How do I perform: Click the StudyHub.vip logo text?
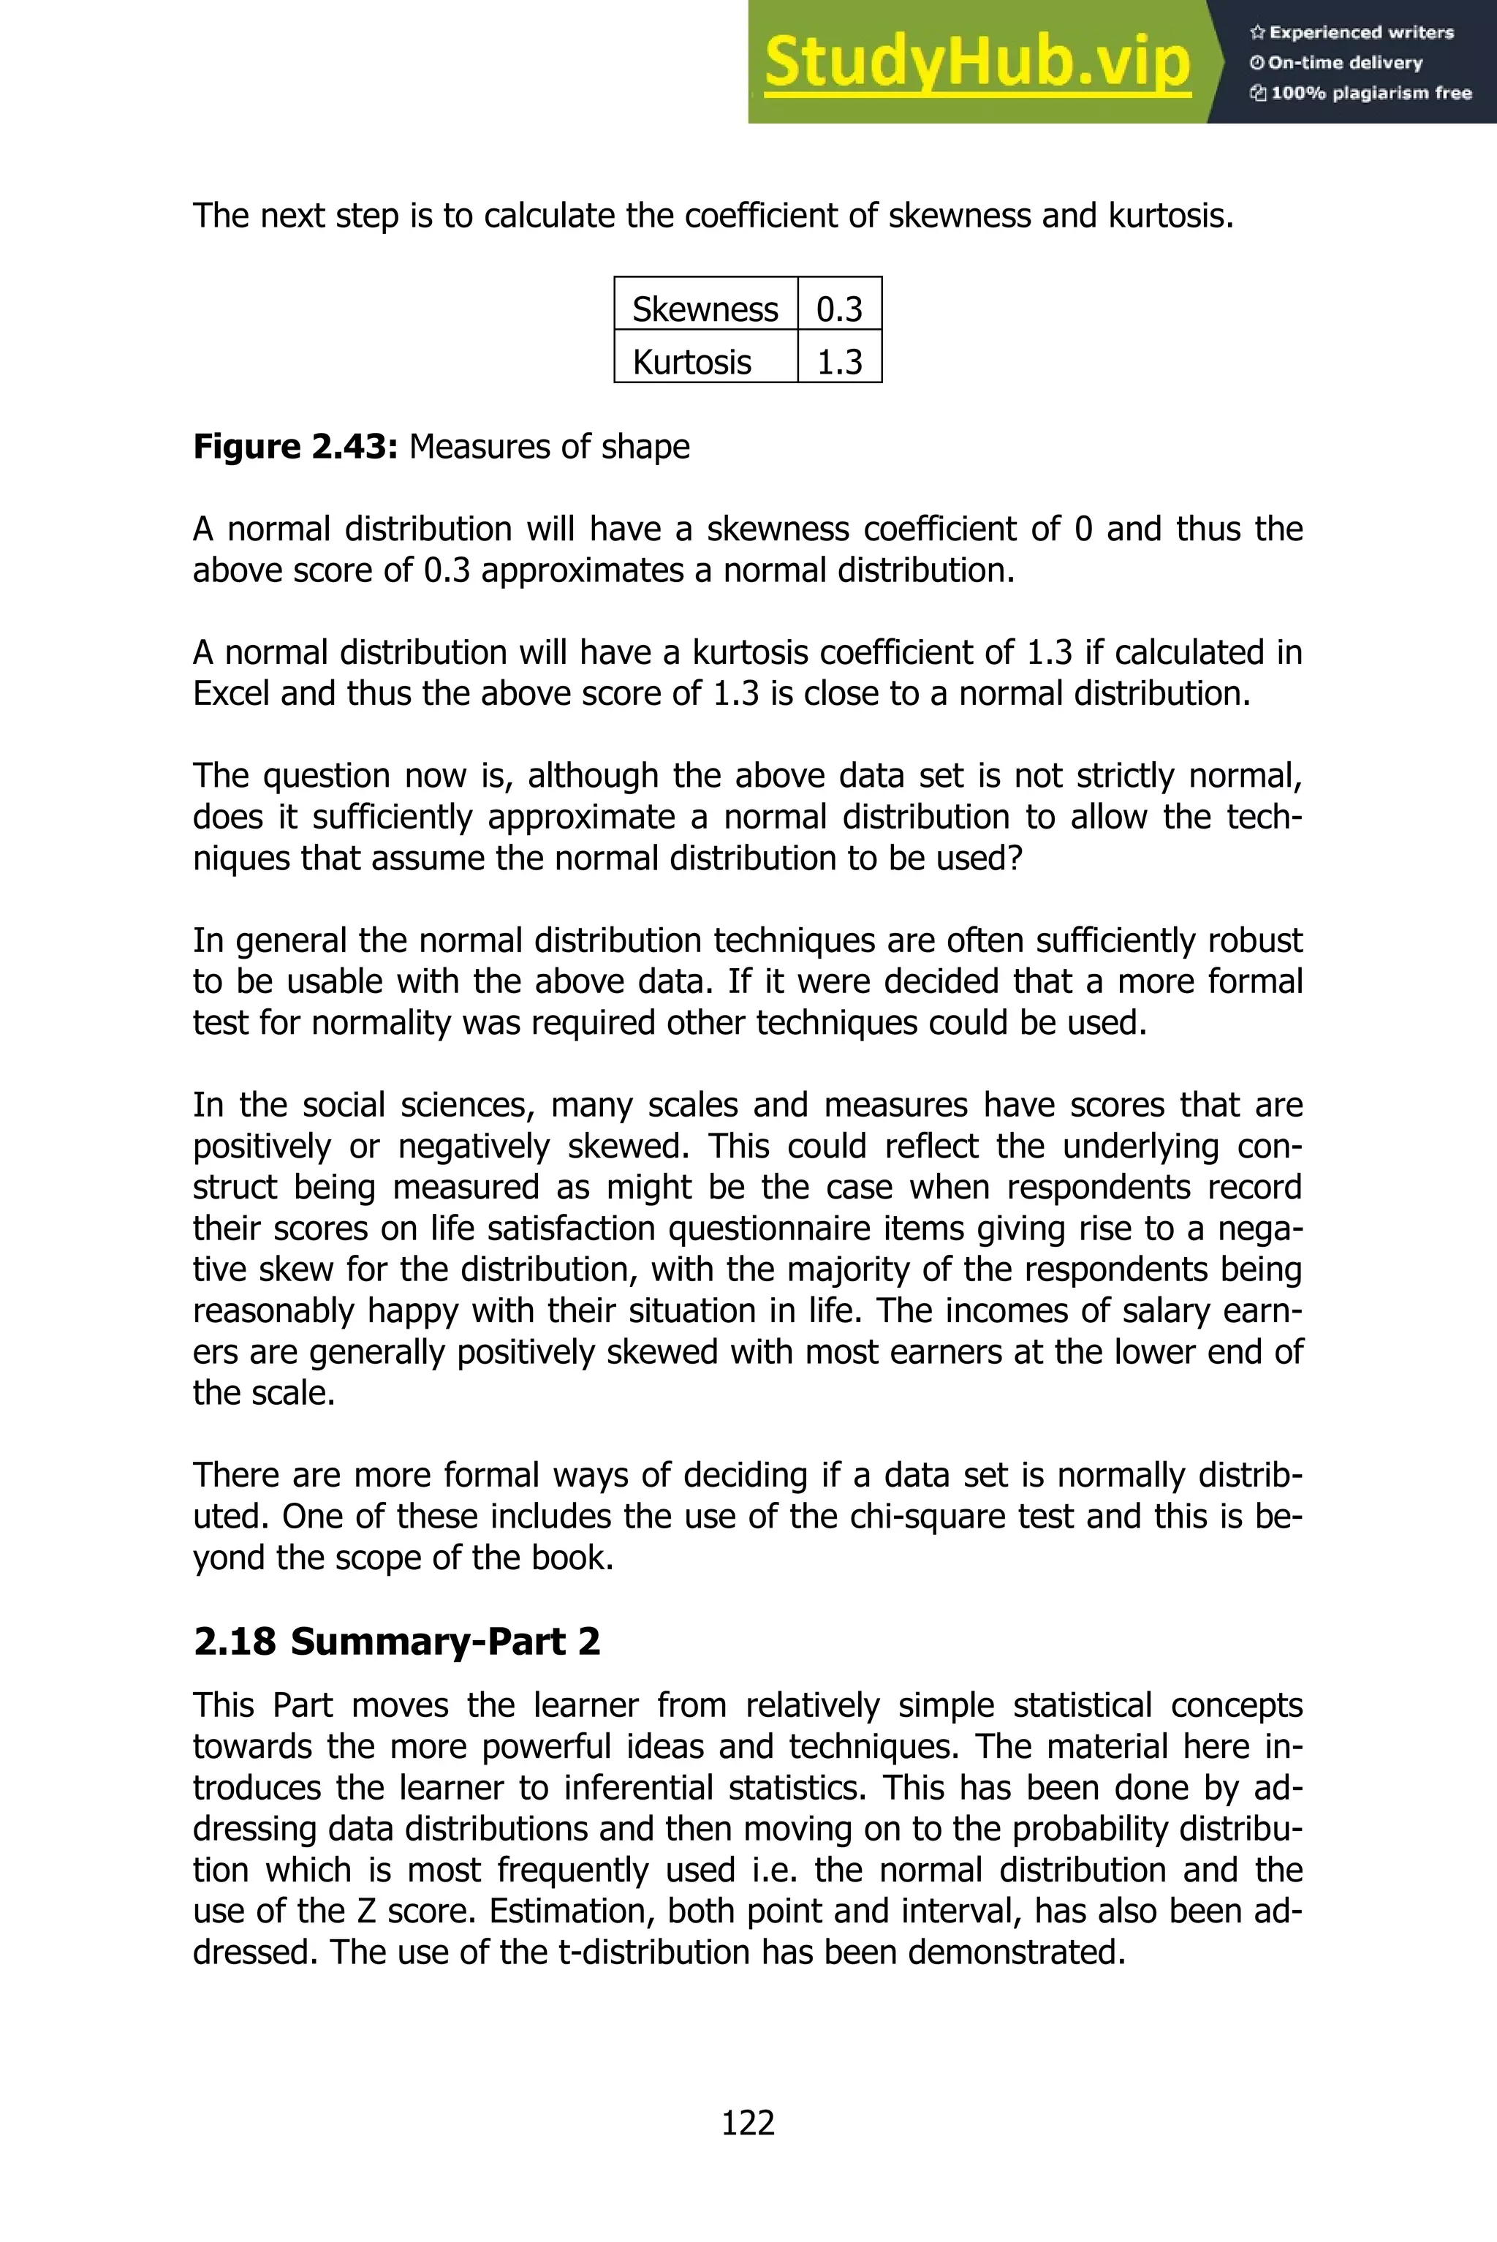[x=977, y=62]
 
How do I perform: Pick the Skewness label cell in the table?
[x=705, y=309]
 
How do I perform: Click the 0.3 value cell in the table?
[x=839, y=309]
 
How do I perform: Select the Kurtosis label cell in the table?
[x=691, y=362]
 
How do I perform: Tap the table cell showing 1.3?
[x=839, y=362]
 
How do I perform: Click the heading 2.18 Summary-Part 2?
[x=396, y=1642]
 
